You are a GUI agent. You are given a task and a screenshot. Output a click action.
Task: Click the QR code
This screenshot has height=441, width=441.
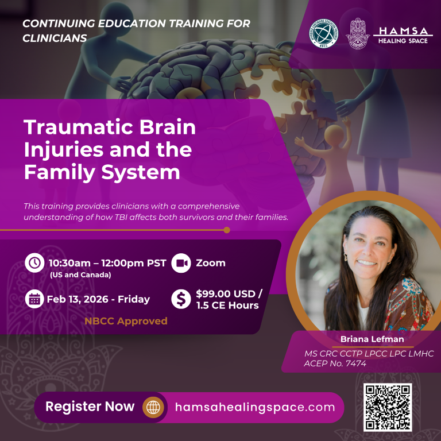coord(388,407)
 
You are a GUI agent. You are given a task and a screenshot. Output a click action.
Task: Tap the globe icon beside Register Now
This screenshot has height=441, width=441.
coord(153,407)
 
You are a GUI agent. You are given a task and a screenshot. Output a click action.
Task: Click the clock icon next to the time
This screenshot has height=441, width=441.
coord(34,263)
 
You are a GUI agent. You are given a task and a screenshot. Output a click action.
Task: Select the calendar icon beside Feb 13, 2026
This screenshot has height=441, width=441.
coord(34,299)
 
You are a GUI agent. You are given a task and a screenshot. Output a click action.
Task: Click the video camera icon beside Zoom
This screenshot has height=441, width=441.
coord(181,263)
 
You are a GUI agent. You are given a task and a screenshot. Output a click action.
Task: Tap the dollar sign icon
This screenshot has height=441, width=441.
coord(181,299)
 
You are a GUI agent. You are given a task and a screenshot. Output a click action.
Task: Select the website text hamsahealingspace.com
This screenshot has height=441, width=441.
coord(254,407)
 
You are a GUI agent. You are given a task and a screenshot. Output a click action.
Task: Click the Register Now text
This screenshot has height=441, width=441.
coord(90,407)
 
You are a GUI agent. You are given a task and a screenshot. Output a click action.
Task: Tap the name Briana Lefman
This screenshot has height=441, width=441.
coord(365,339)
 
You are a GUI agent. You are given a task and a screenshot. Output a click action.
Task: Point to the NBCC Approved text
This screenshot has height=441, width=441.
coord(126,321)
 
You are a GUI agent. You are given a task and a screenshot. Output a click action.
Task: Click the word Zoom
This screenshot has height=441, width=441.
coord(211,263)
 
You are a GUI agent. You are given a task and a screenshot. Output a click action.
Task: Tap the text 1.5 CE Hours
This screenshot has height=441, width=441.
coord(227,305)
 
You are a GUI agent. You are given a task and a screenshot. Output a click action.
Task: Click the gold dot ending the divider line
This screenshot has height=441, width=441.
coord(227,230)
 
